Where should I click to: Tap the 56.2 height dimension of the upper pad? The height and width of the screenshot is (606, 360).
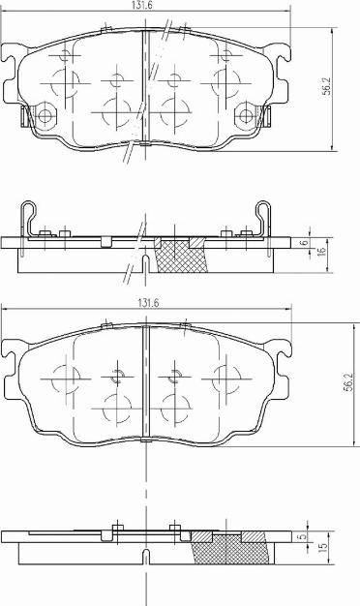coord(327,86)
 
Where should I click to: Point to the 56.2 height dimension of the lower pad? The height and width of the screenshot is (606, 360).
coord(348,383)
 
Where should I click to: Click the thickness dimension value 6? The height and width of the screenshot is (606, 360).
coord(305,243)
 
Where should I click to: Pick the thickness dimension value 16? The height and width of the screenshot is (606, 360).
coord(321,252)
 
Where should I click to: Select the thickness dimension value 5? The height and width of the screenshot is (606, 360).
coord(303,536)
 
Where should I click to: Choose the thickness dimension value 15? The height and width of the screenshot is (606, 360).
coord(323,547)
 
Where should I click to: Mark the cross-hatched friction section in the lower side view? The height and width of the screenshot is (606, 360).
coord(230,548)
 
